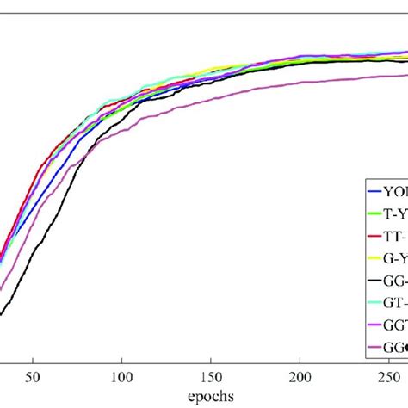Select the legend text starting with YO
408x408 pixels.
[x=396, y=192]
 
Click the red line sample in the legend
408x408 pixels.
[x=374, y=236]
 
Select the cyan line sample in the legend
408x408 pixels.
[x=374, y=302]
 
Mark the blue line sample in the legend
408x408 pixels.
[x=374, y=192]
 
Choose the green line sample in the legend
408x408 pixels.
[x=374, y=213]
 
